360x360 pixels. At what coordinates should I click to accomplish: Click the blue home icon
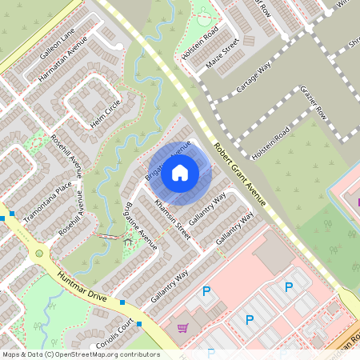coord(180,171)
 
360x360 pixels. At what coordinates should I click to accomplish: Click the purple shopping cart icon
coord(183,327)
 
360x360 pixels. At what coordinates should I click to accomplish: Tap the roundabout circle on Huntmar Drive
coord(38,254)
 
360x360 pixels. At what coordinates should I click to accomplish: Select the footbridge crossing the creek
coord(106,237)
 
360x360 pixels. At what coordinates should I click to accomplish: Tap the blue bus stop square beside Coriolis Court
coord(139,324)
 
